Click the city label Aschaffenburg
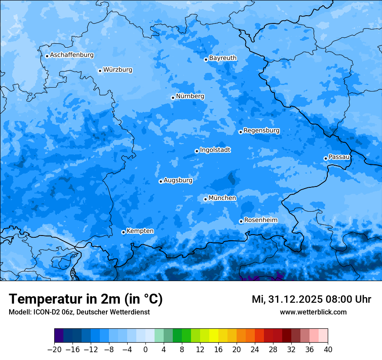click(x=72, y=55)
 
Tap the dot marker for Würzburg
click(x=100, y=71)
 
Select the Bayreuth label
click(x=223, y=58)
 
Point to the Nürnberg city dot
click(x=173, y=98)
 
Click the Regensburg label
click(x=261, y=130)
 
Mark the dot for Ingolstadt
click(x=197, y=151)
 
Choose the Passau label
click(x=339, y=157)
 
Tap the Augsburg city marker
click(x=161, y=181)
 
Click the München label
click(x=222, y=198)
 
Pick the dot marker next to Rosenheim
click(x=241, y=222)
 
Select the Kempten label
click(x=140, y=231)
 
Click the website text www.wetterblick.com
click(x=313, y=312)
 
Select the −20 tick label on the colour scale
click(x=54, y=349)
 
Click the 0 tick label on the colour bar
click(x=145, y=349)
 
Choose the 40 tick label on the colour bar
click(x=328, y=349)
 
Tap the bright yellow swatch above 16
click(x=214, y=336)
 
